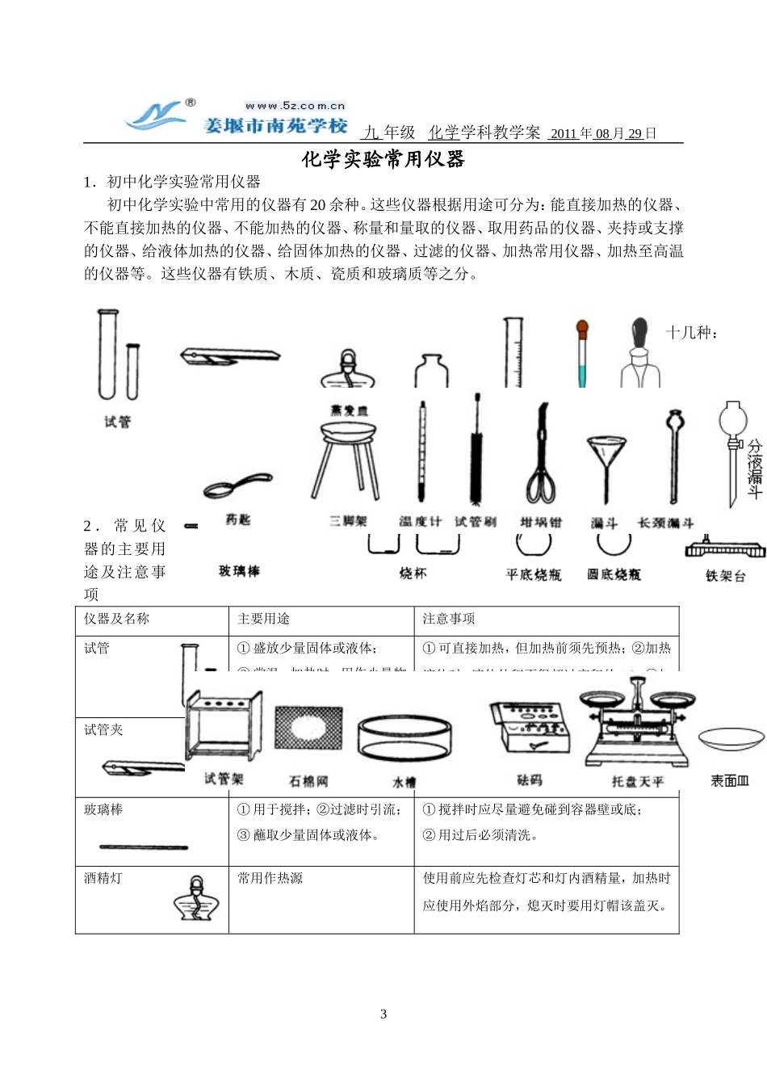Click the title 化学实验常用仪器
click(383, 159)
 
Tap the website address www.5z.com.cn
click(295, 106)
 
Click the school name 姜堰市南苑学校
click(275, 126)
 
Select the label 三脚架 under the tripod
click(348, 522)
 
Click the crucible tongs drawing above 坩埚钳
click(540, 456)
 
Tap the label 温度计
click(420, 522)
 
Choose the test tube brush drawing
click(476, 452)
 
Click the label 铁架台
click(725, 576)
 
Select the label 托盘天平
click(637, 781)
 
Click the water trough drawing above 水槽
click(404, 737)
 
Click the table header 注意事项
click(449, 619)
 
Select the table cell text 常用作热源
click(270, 878)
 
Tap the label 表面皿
click(729, 780)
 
